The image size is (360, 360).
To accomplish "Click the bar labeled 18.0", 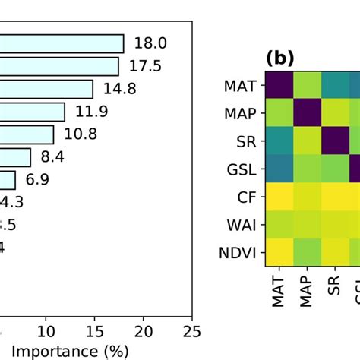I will [x=61, y=43].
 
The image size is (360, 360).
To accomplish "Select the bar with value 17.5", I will [x=59, y=66].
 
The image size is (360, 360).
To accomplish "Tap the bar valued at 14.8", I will [x=46, y=89].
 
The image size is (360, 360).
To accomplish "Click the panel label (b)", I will [x=279, y=58].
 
